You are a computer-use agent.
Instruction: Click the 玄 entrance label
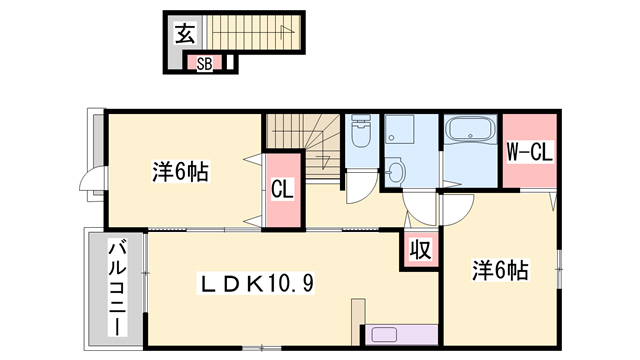tap(184, 34)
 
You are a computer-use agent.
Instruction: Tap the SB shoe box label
tap(203, 64)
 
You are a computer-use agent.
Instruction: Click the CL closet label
tap(282, 189)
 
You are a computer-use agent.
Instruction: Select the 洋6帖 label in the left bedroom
tap(180, 171)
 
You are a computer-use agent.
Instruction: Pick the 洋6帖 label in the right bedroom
tap(500, 269)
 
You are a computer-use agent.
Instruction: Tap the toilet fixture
tap(360, 132)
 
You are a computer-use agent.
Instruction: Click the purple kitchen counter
tap(403, 337)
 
